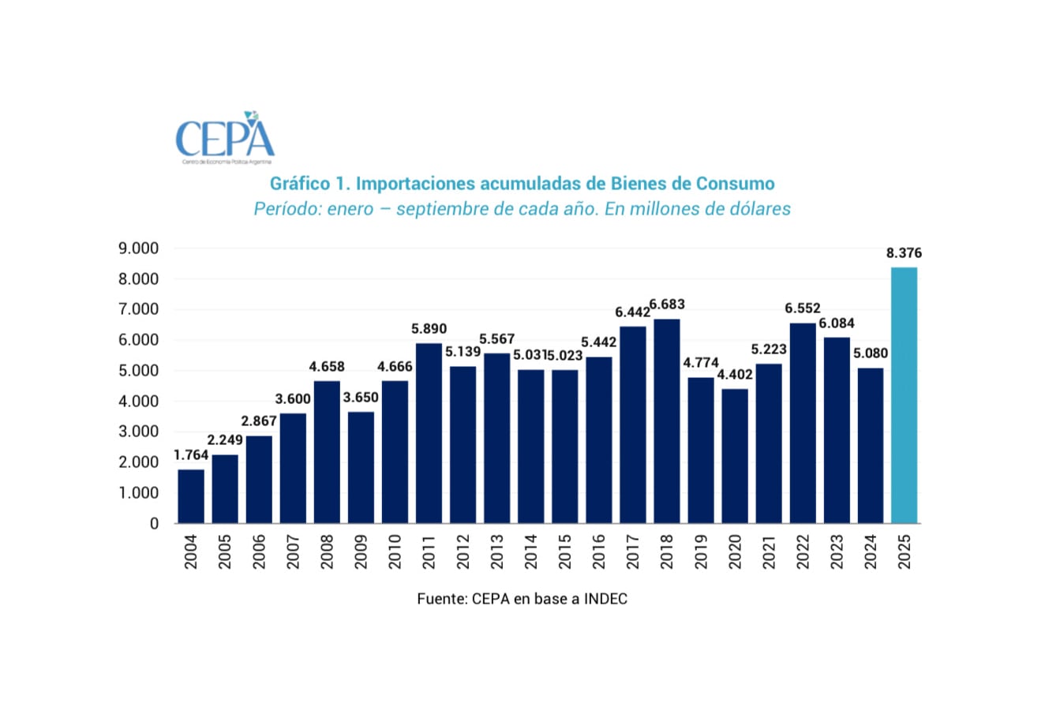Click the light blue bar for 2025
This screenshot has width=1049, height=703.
pyautogui.click(x=904, y=395)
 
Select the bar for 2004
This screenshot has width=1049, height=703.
pyautogui.click(x=191, y=495)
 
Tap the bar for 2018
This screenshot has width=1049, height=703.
pyautogui.click(x=666, y=421)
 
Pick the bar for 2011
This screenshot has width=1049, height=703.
pyautogui.click(x=429, y=432)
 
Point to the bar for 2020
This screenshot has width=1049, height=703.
pyautogui.click(x=734, y=455)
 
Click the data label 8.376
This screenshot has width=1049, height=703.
pyautogui.click(x=904, y=253)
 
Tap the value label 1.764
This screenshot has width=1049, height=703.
pyautogui.click(x=190, y=455)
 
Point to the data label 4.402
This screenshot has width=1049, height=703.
pyautogui.click(x=735, y=375)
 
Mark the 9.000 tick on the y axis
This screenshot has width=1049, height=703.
pyautogui.click(x=138, y=249)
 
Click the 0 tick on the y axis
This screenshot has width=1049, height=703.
pyautogui.click(x=154, y=524)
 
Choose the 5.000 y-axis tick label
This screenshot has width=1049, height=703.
pyautogui.click(x=138, y=371)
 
